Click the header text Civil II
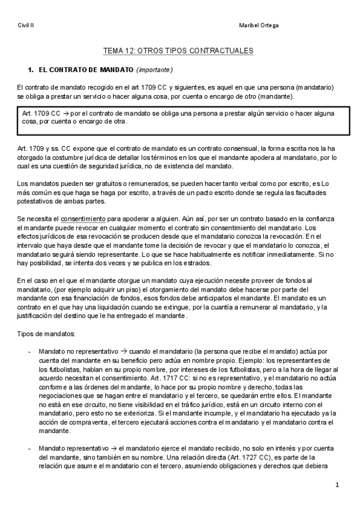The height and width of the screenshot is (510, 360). click(x=26, y=25)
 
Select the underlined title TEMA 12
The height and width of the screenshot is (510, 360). click(x=179, y=52)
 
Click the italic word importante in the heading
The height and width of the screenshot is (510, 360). click(x=154, y=70)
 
